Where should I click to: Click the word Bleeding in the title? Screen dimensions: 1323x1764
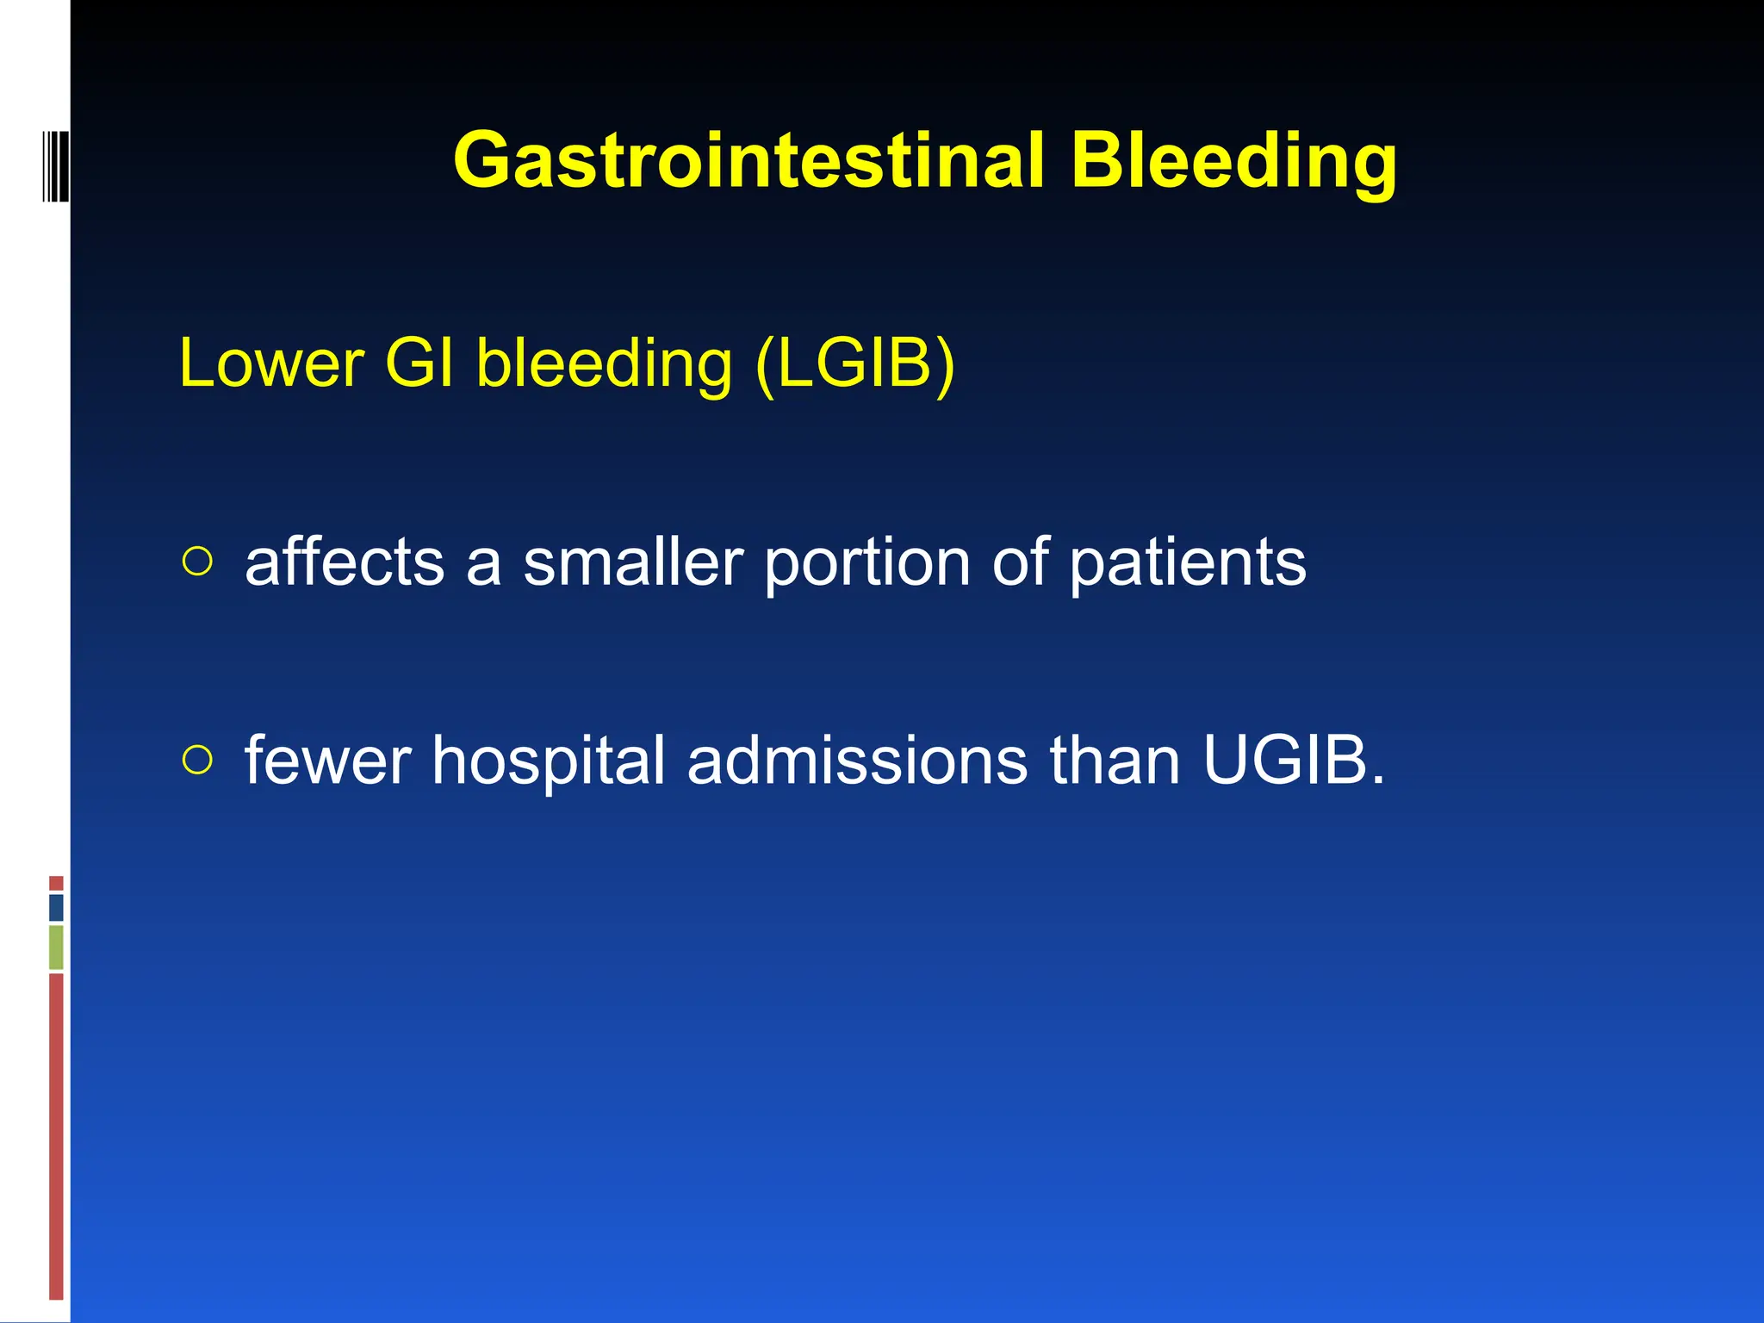click(1233, 161)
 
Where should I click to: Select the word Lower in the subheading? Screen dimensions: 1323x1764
click(271, 363)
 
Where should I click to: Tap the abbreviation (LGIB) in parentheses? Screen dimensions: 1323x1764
click(854, 363)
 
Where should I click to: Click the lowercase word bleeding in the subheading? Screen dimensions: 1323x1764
click(604, 363)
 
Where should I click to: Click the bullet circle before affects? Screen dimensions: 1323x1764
click(197, 562)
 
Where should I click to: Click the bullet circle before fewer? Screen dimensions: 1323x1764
click(197, 760)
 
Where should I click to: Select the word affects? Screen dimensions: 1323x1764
click(345, 562)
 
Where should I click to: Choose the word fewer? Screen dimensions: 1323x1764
click(327, 761)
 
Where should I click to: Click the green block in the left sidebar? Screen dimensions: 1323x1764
click(56, 947)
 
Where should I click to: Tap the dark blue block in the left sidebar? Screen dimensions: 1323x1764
click(56, 907)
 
